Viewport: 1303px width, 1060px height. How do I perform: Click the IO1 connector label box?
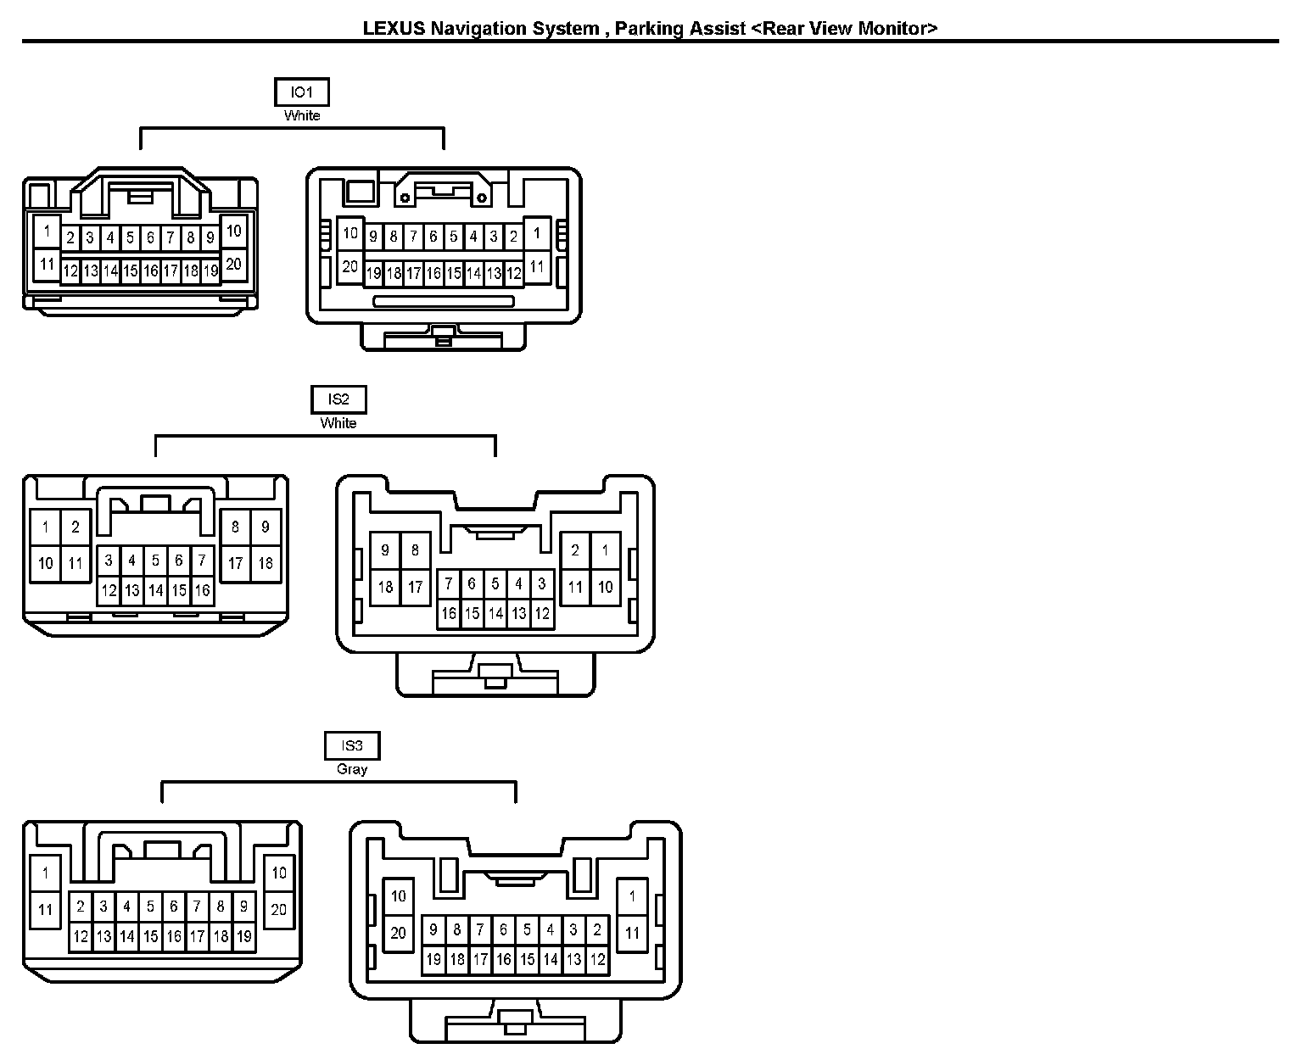coord(302,92)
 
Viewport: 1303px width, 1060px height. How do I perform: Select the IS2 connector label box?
coord(338,399)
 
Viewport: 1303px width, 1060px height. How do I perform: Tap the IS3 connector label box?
coord(351,745)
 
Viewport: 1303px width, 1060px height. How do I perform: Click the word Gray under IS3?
coord(351,769)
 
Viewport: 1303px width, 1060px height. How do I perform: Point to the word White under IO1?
coord(302,115)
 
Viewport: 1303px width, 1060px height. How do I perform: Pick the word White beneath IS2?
coord(338,423)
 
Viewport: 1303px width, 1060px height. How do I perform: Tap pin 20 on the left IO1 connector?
coord(233,264)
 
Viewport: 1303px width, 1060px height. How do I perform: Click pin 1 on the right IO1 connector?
coord(536,232)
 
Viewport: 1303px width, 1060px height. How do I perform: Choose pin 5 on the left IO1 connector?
coord(130,238)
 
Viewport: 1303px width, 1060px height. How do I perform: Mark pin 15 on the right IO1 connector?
coord(454,273)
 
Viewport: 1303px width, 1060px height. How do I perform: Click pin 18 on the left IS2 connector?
coord(266,563)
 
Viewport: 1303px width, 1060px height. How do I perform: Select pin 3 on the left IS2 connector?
coord(109,561)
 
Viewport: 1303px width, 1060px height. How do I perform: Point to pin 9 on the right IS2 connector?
coord(385,551)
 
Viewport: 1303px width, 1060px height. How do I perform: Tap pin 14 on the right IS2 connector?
coord(495,613)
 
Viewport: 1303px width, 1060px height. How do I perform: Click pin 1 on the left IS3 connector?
coord(45,873)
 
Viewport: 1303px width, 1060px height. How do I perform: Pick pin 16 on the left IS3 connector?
coord(173,936)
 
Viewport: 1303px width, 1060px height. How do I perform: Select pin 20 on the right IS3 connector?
coord(398,934)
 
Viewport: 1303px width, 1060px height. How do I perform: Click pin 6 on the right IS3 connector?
coord(503,929)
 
